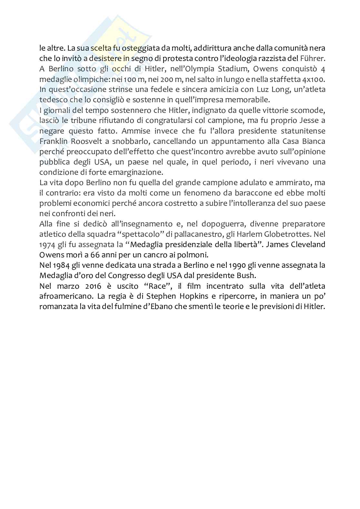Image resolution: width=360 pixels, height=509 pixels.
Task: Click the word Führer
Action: pos(314,59)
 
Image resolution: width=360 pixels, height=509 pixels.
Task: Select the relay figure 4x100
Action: pos(312,79)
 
